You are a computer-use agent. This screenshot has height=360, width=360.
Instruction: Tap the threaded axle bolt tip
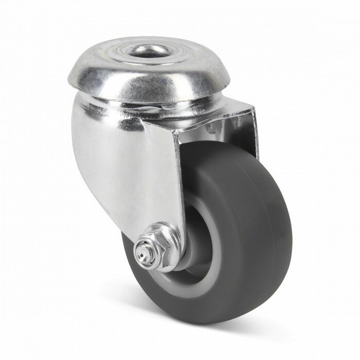tap(140, 251)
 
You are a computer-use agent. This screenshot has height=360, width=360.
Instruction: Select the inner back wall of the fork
tap(242, 129)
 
